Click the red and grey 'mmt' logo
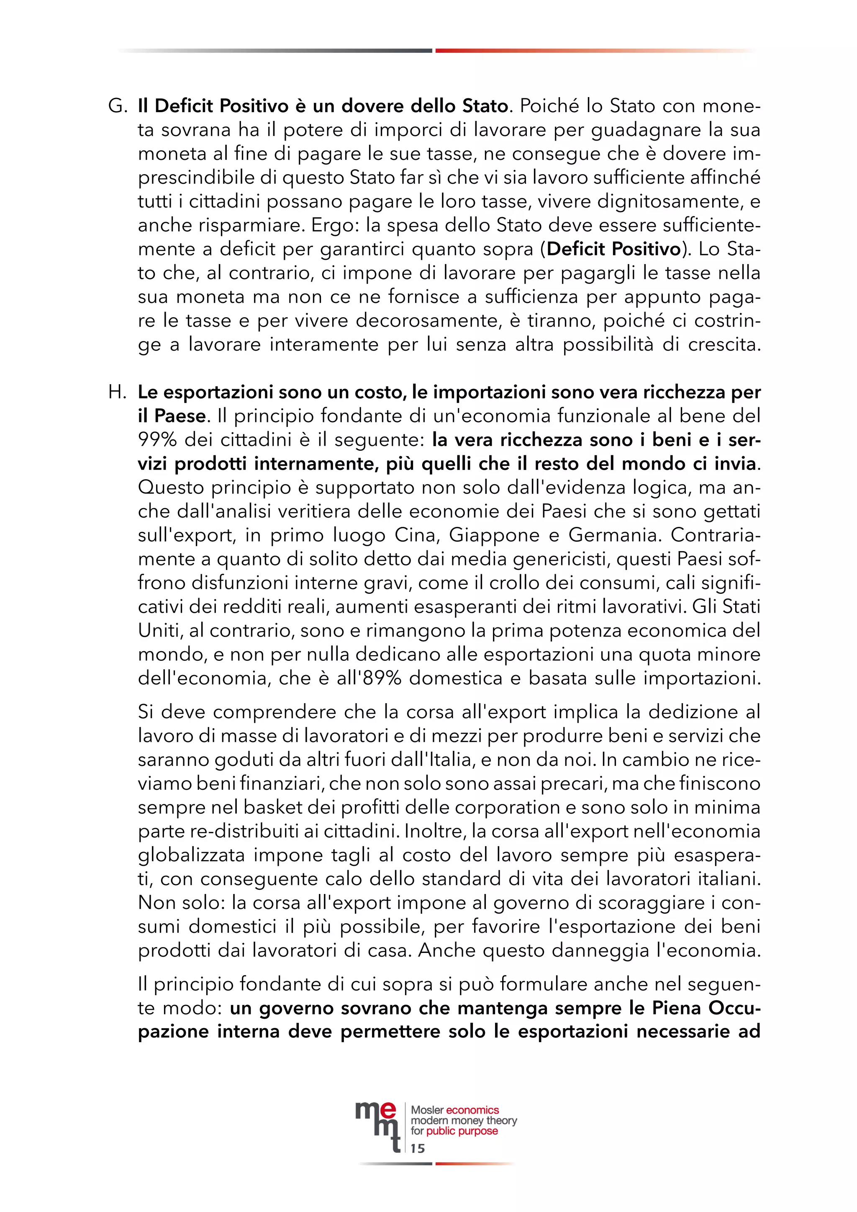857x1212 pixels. click(x=376, y=1125)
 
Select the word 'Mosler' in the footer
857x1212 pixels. click(x=427, y=1110)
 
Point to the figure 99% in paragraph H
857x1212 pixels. click(x=157, y=440)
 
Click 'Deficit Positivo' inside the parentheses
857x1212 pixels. click(x=614, y=249)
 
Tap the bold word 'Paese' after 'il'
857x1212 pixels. click(x=180, y=416)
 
